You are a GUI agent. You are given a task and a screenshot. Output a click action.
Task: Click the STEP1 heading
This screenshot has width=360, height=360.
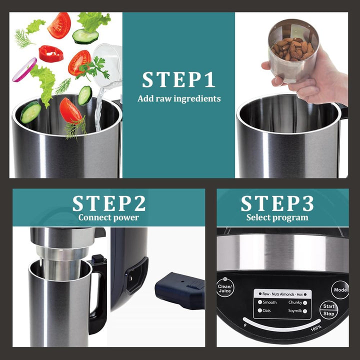pos(178,79)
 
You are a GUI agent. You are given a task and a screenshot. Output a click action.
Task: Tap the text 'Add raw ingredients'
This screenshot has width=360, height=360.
pos(179,98)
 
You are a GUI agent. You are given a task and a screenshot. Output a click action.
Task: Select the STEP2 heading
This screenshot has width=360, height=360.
pos(109,203)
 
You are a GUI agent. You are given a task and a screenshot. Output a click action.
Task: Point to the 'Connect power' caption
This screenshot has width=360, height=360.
pos(108,217)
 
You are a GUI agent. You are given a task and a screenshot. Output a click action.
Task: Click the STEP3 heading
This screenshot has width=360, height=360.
pos(277,203)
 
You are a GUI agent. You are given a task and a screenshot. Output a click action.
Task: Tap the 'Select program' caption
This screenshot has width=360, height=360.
pos(277,217)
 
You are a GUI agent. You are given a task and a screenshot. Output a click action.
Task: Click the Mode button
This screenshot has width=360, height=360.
pos(340,289)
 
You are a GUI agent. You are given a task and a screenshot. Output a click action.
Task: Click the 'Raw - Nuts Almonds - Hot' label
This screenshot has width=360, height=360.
pos(282,294)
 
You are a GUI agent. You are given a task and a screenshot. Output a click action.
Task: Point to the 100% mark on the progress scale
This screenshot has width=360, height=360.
pos(316,328)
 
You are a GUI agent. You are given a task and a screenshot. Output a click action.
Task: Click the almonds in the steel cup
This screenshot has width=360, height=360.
pos(292,49)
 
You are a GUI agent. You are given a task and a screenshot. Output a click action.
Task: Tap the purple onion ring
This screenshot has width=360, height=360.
pos(24,70)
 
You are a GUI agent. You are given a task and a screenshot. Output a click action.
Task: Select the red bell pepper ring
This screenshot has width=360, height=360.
pos(51,53)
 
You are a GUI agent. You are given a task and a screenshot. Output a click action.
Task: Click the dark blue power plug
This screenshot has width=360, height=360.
pos(180,290)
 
